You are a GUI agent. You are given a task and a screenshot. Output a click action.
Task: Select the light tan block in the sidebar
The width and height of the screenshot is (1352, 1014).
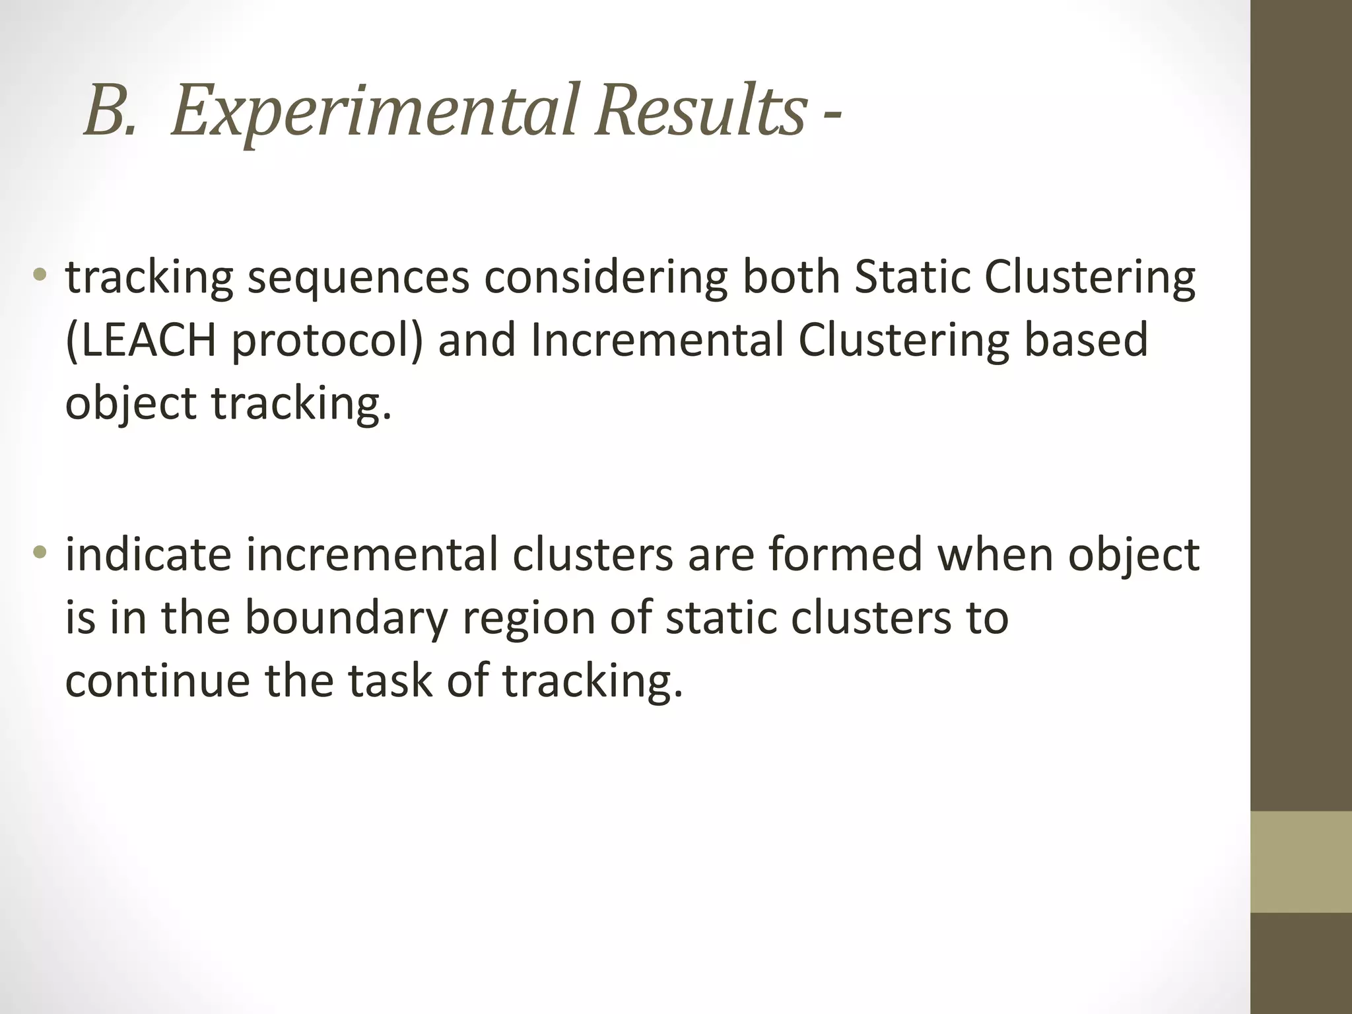1301,862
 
